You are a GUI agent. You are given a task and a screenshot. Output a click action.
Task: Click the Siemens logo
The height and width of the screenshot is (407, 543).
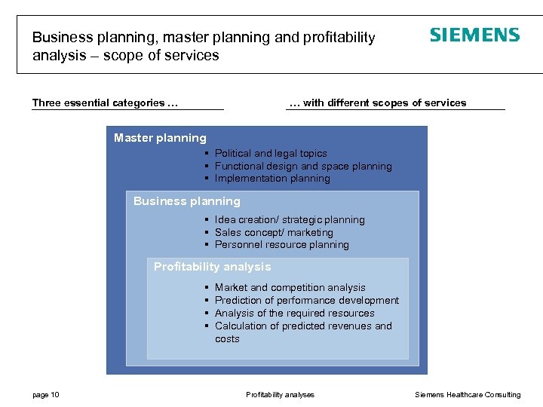[474, 35]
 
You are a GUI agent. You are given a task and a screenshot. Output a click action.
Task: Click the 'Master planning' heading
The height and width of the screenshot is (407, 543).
[160, 138]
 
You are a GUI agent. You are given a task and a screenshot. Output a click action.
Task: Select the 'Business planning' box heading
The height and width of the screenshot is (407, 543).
[187, 201]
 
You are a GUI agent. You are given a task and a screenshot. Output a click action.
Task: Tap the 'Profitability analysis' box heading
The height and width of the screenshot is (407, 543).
[212, 267]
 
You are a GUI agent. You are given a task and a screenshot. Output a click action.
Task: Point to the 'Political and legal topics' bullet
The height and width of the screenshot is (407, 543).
[271, 153]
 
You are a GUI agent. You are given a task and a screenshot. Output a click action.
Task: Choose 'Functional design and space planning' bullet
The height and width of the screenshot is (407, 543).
[303, 166]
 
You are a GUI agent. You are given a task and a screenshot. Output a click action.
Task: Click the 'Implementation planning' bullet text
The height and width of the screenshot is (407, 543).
[272, 179]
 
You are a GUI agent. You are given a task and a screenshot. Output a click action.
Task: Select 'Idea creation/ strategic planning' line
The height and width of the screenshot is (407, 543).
[290, 220]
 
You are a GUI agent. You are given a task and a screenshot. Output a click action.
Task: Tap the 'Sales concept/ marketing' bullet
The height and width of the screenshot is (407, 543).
[274, 233]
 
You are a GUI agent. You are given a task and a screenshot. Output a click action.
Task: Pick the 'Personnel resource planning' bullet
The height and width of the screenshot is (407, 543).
[281, 245]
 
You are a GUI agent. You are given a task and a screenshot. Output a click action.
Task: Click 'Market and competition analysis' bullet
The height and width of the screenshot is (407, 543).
[290, 288]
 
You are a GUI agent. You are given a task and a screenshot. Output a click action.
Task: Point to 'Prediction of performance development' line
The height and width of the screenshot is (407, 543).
[306, 301]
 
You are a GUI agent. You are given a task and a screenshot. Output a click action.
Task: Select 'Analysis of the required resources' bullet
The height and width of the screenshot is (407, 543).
[294, 314]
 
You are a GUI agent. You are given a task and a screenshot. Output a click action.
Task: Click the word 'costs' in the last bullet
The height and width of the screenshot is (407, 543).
[227, 339]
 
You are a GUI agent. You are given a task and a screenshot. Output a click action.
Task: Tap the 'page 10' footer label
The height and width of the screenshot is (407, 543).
[46, 395]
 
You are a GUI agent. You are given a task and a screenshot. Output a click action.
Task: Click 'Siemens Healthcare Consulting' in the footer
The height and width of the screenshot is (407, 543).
[468, 395]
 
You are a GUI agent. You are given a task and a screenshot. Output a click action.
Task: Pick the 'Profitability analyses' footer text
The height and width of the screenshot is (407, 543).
[280, 395]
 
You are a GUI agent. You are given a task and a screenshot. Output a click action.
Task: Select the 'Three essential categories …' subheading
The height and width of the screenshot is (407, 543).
[105, 103]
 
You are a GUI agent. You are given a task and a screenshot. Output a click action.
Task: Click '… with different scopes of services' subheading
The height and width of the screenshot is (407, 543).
[378, 103]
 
